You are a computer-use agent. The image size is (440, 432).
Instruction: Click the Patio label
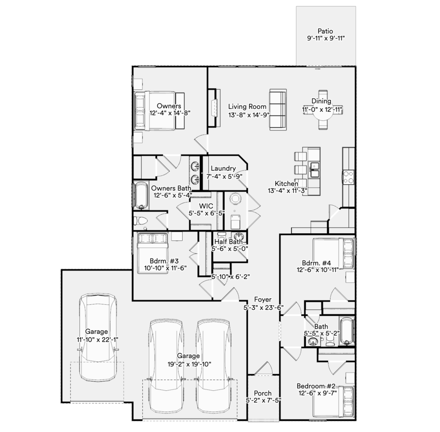click(x=325, y=31)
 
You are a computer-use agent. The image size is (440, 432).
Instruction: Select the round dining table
click(x=323, y=110)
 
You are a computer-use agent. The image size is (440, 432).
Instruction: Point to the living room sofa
click(x=278, y=110)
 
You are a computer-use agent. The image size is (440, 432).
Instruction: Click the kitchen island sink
click(x=314, y=170)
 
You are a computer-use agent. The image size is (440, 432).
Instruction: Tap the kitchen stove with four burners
click(x=348, y=177)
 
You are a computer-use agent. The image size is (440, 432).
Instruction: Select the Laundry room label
click(x=223, y=168)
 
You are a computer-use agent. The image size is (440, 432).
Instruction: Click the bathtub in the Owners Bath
click(x=141, y=196)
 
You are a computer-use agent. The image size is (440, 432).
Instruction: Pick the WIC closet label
click(x=206, y=206)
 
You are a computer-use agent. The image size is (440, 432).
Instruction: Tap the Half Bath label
click(x=229, y=242)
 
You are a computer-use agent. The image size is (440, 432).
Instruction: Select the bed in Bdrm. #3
click(x=153, y=253)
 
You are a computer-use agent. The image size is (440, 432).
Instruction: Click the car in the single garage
click(x=98, y=337)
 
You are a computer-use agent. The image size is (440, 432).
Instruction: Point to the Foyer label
click(x=263, y=299)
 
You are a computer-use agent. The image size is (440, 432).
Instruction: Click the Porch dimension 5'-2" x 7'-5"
click(x=263, y=400)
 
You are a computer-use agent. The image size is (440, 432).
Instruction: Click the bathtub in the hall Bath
click(x=347, y=331)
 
